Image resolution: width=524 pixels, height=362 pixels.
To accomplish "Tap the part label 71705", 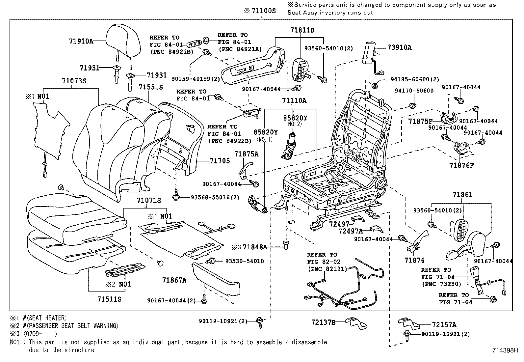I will pos(220,161).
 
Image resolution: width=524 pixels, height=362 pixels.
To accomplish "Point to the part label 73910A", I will pos(399,47).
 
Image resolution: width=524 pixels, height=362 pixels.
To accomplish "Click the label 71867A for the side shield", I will pos(174,280).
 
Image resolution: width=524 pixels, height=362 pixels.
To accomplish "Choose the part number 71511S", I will pos(109,299).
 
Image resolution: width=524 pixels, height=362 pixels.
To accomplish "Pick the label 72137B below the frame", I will pos(323,322).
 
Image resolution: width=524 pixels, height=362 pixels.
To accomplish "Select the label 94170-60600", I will pos(414,91).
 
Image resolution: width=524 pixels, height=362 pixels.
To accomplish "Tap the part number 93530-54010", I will pos(244,261).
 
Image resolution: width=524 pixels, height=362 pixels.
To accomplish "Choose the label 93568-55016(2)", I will pos(215,197).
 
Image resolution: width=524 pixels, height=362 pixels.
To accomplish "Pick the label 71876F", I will pos(461,165).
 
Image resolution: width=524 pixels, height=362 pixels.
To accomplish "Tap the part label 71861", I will pos(462,195).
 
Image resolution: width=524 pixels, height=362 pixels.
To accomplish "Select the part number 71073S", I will pos(74,81).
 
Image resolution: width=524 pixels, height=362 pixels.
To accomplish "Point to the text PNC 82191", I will pos(327,268).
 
